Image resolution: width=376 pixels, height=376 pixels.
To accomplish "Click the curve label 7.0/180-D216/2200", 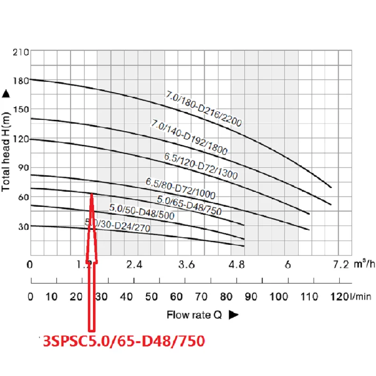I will (203, 109).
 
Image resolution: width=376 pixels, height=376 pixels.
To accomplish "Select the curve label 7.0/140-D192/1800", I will (189, 138).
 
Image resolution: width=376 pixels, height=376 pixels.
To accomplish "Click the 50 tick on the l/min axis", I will (151, 297).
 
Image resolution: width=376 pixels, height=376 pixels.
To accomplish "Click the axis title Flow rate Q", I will (194, 315).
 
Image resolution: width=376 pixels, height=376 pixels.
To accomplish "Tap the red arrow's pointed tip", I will (92, 193).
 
